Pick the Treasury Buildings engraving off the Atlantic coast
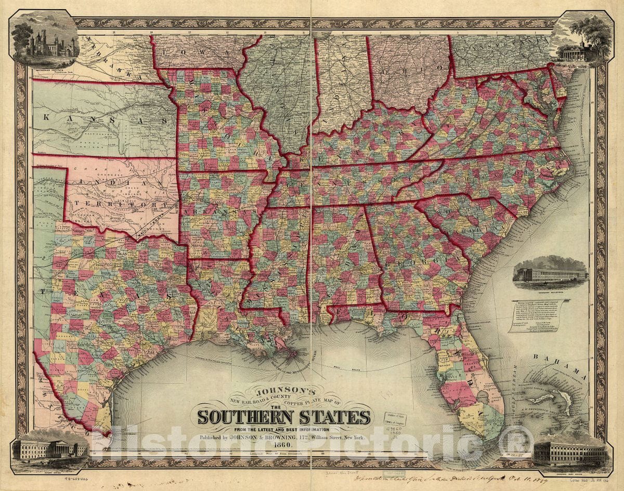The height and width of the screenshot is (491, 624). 550,274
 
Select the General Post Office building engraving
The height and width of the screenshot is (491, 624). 570,453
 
